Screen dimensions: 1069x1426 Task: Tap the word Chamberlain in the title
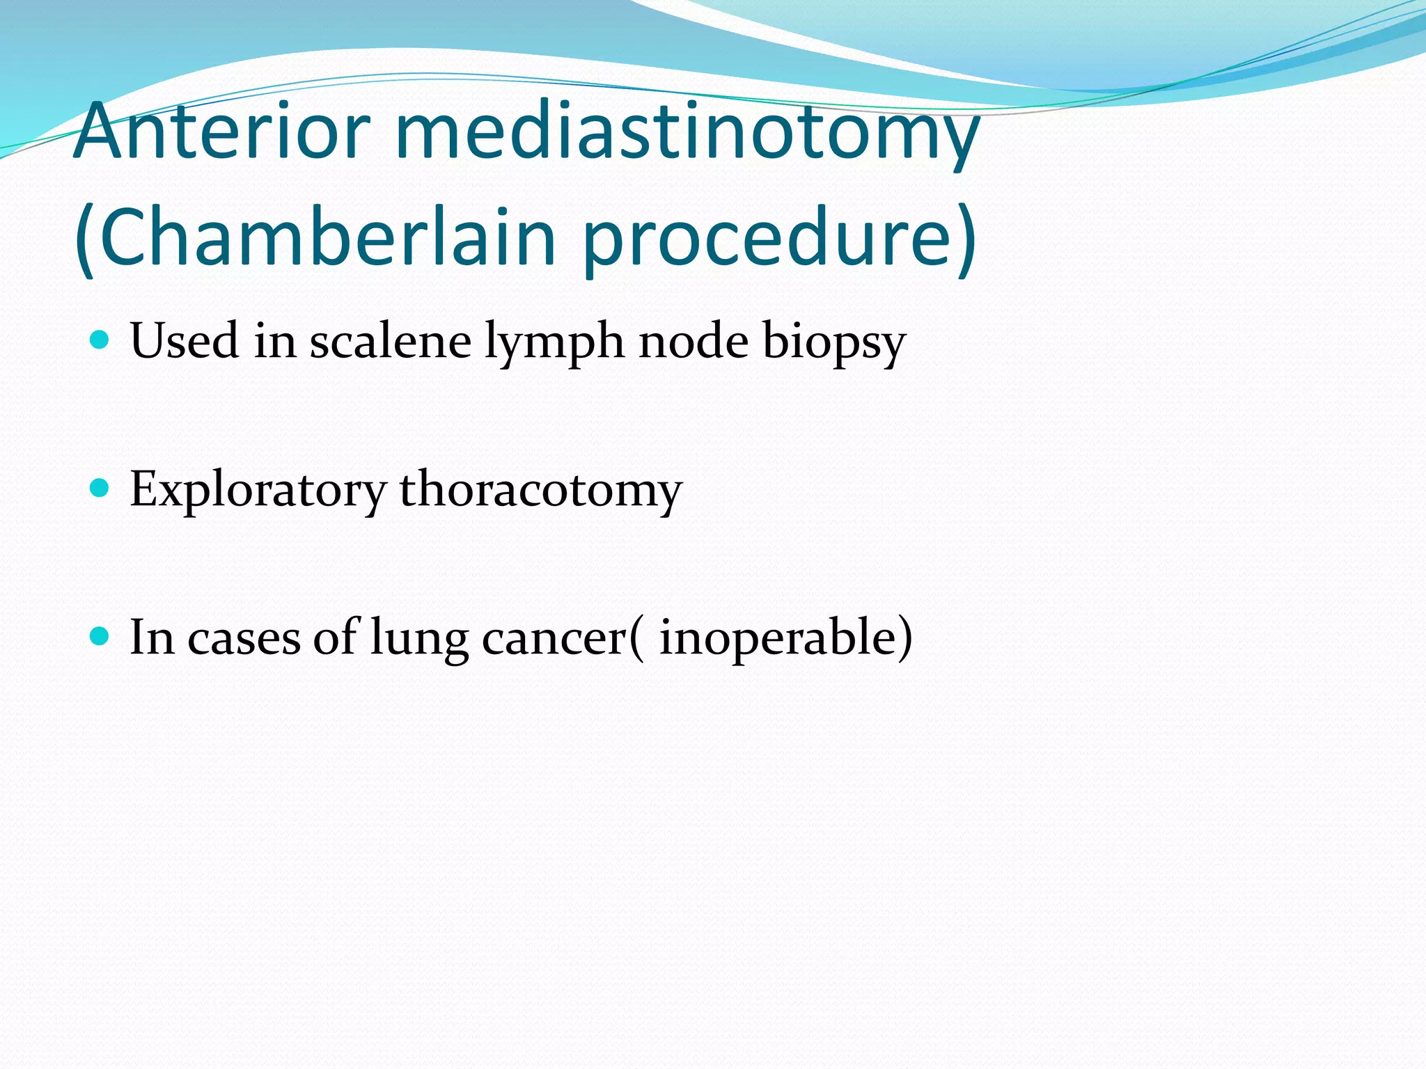327,237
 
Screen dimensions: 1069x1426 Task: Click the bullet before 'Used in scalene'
100,340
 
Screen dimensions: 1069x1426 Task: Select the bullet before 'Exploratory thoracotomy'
100,488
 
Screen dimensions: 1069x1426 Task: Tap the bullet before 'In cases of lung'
100,636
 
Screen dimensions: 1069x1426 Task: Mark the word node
694,341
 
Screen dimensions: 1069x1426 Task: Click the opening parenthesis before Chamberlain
85,240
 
